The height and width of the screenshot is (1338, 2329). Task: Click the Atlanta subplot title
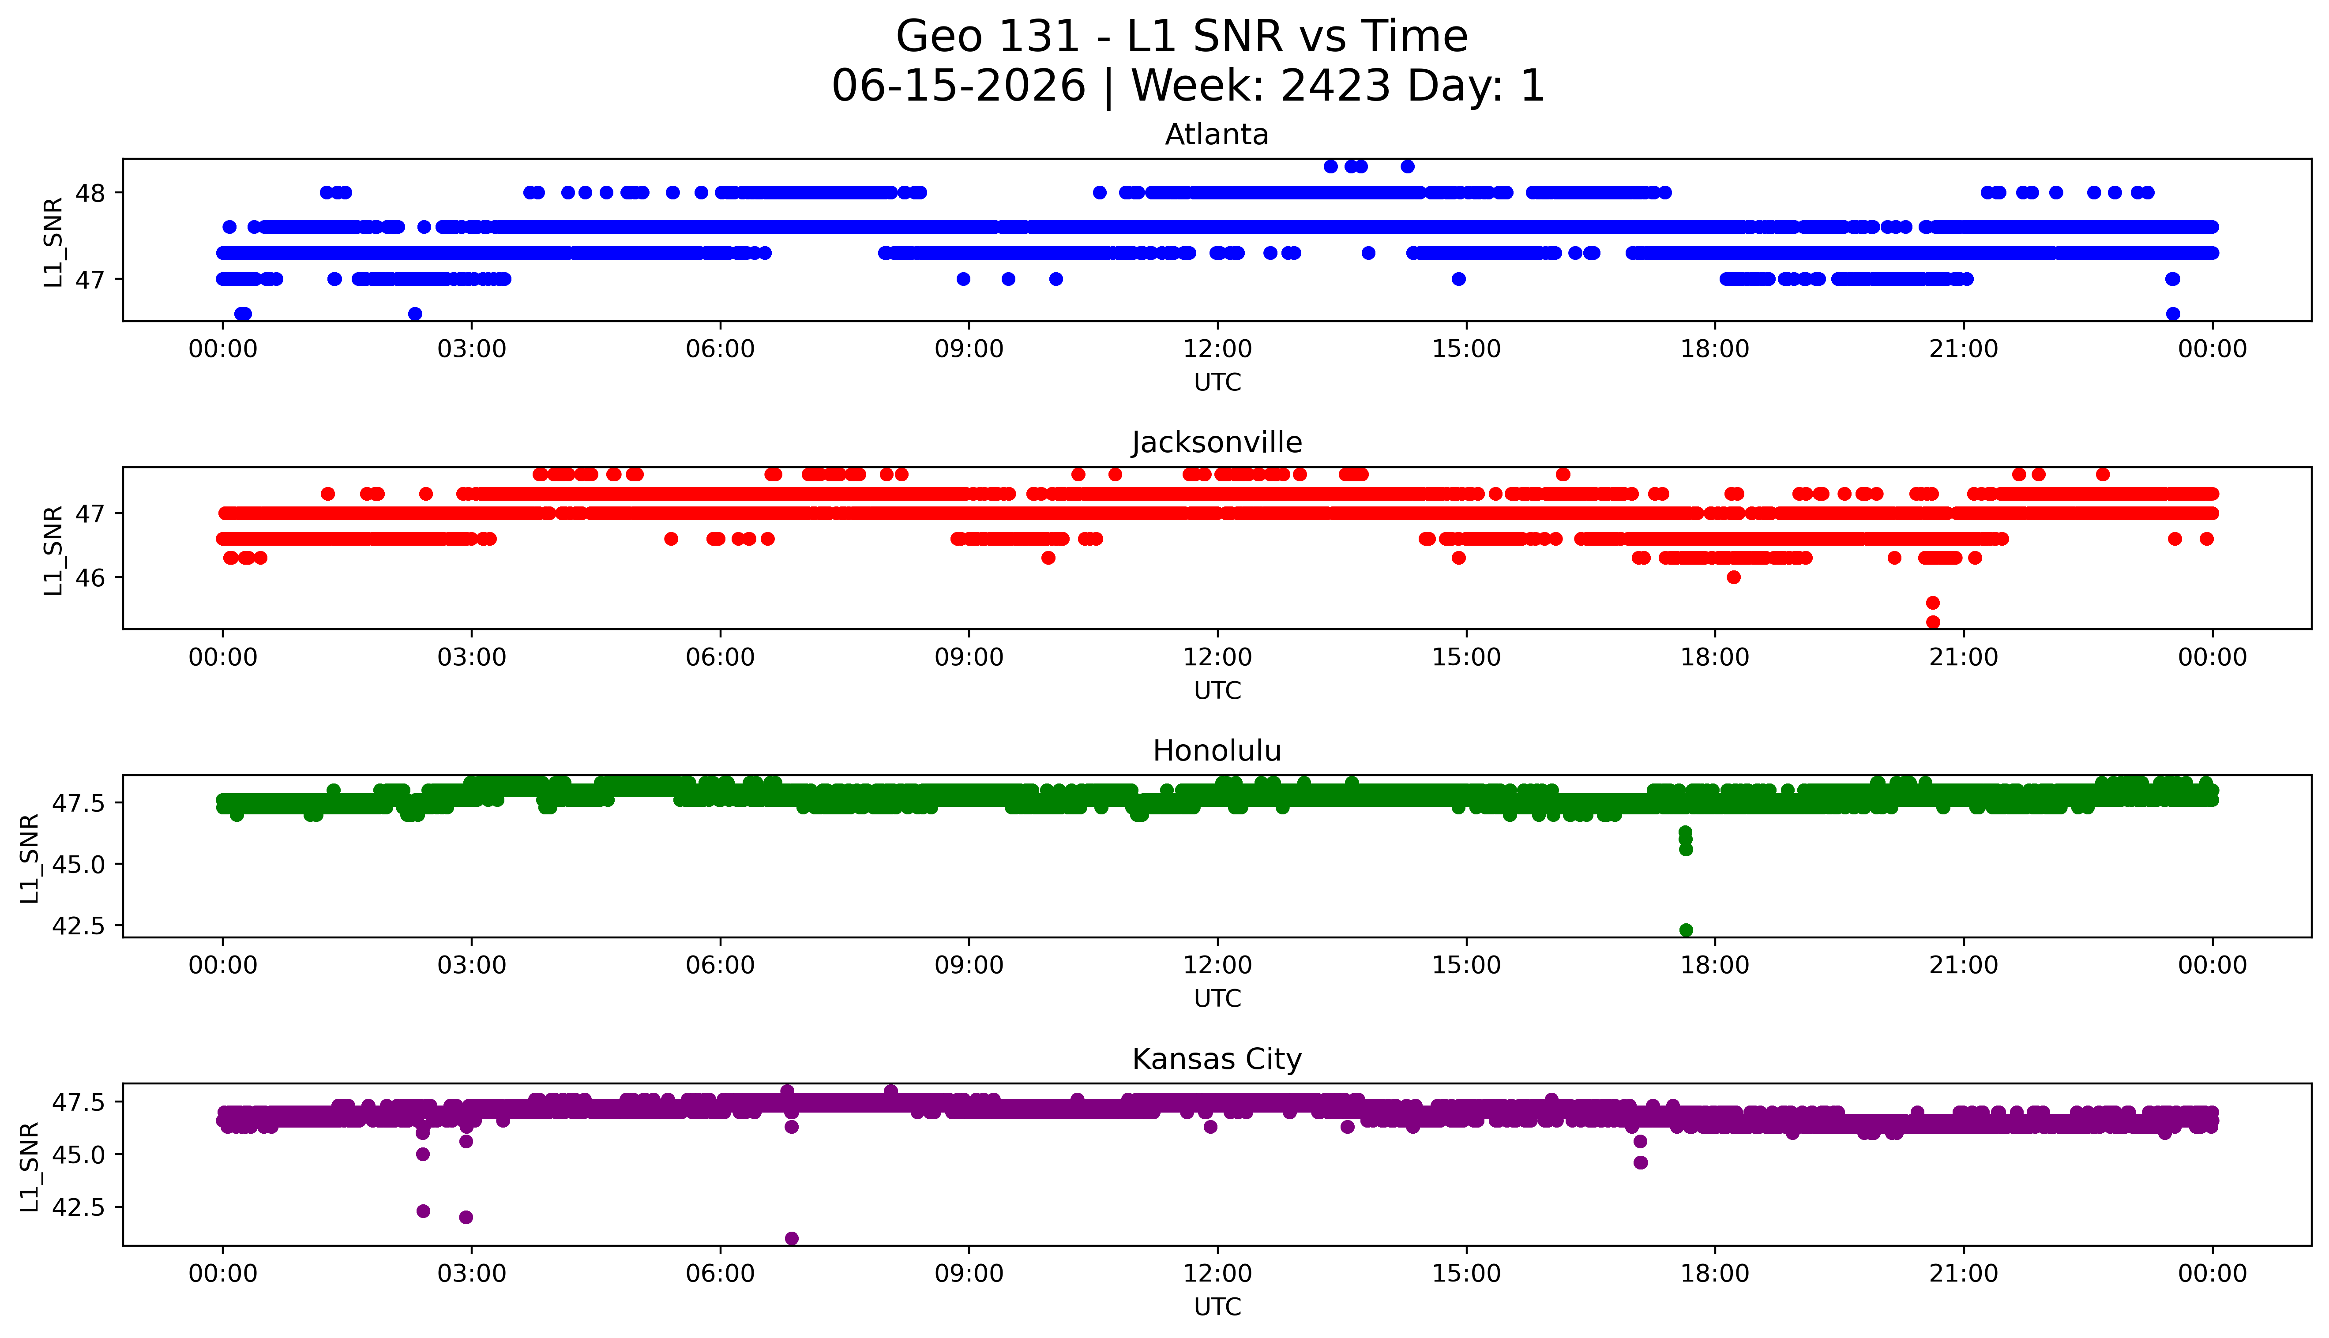[x=1217, y=135]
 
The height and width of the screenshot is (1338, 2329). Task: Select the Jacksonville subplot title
[x=1217, y=443]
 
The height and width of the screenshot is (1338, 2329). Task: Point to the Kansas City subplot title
[x=1217, y=1060]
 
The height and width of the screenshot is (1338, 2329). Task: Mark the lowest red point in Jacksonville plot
[x=1933, y=622]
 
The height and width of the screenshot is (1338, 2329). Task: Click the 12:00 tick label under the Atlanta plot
[x=1218, y=349]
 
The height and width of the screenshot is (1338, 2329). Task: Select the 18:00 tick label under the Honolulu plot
[x=1715, y=966]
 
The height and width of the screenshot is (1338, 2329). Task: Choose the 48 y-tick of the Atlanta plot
[x=91, y=193]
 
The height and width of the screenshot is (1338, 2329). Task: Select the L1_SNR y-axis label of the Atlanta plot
[x=53, y=242]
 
